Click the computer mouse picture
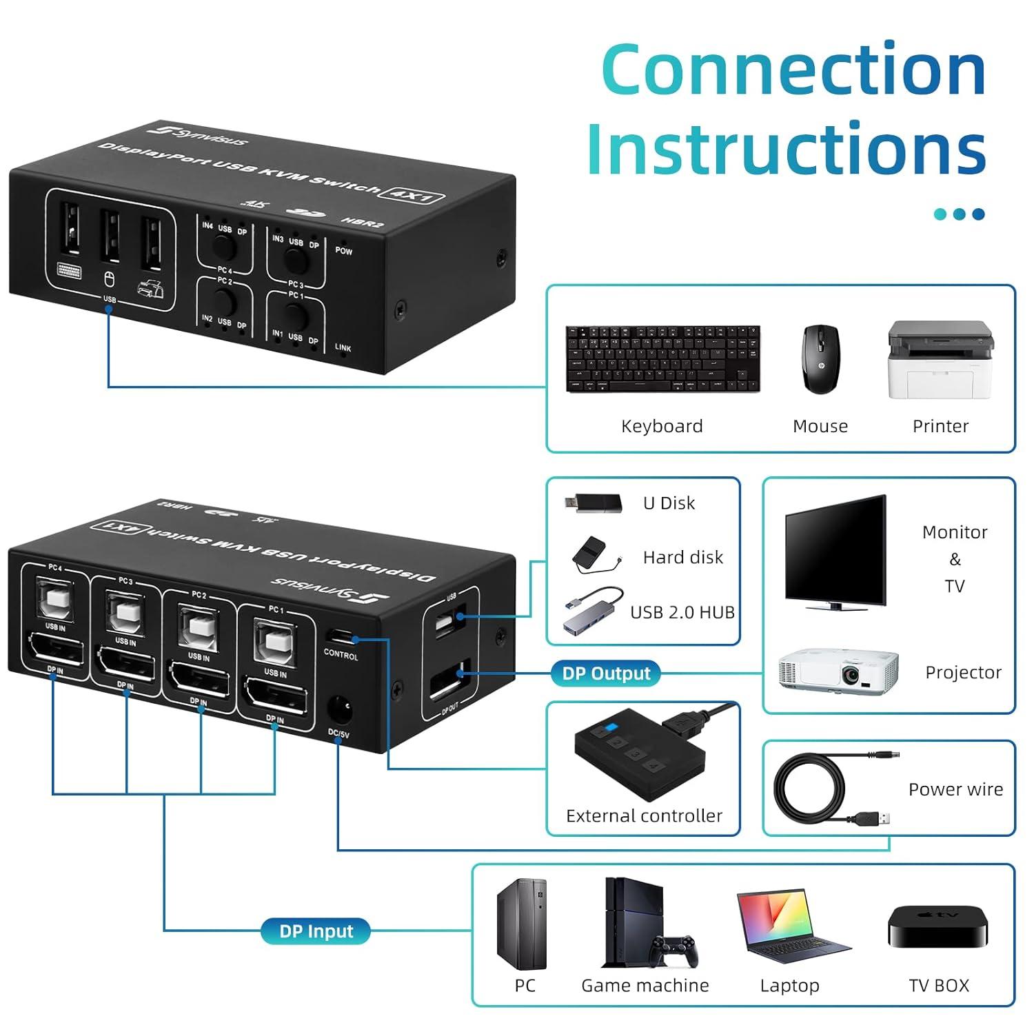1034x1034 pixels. (820, 359)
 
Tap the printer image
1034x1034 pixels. (940, 360)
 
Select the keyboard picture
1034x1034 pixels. (662, 359)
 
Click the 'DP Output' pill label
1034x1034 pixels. (606, 673)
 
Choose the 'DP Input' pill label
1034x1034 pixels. (316, 931)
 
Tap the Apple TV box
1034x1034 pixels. (937, 926)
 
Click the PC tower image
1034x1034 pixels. (522, 924)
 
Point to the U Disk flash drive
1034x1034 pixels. (593, 503)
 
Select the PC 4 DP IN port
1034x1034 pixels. (55, 650)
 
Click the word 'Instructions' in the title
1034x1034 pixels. (786, 149)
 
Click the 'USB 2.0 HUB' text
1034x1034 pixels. (682, 612)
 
